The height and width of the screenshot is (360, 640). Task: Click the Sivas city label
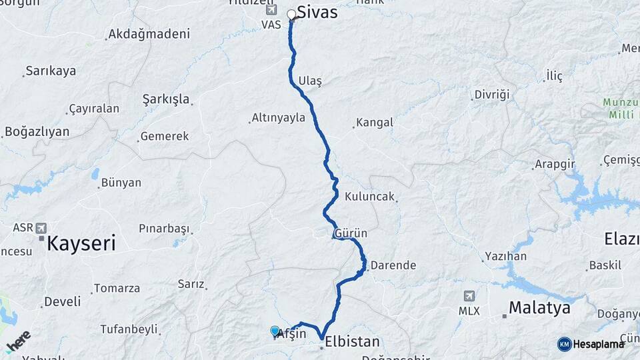(317, 13)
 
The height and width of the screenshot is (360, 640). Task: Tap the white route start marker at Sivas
(291, 14)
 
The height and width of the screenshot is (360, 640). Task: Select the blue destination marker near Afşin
(275, 331)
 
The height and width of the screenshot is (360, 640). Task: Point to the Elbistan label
(353, 342)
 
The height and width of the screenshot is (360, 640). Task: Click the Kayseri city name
(81, 243)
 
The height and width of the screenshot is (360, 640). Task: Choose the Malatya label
(539, 308)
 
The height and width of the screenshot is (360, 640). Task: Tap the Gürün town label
(351, 234)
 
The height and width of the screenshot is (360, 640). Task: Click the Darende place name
(393, 265)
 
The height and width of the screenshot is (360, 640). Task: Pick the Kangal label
(375, 123)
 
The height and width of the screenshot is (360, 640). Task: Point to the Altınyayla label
(278, 118)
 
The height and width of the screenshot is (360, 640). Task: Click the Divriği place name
(492, 95)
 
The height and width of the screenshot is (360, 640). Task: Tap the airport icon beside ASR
(42, 227)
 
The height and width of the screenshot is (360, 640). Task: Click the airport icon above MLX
(469, 296)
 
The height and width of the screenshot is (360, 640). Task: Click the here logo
(18, 341)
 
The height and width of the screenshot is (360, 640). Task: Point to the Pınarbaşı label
(164, 229)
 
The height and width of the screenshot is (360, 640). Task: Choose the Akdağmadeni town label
(149, 34)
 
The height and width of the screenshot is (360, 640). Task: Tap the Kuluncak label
(370, 197)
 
